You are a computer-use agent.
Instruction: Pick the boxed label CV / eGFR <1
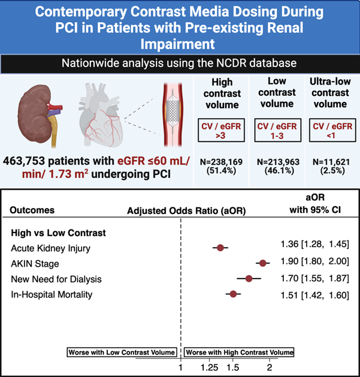coord(329,131)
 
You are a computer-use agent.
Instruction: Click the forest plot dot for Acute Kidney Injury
coord(220,247)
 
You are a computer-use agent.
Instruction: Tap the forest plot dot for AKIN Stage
coord(262,263)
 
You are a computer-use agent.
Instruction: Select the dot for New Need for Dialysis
coord(249,278)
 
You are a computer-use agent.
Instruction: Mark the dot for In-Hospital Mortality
coord(234,294)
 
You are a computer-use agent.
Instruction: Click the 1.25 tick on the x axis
coord(210,367)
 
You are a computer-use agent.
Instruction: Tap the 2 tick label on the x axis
coord(270,367)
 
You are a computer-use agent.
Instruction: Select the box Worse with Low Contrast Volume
coord(122,352)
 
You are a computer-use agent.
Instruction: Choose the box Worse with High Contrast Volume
coord(239,352)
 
